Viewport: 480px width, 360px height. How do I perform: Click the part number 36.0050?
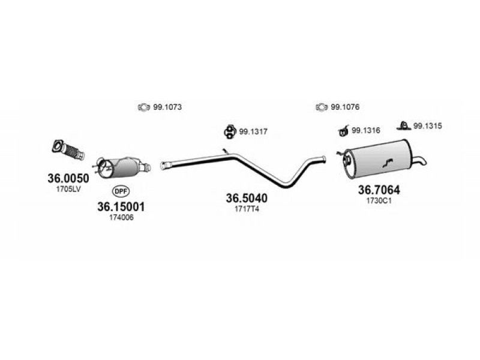coord(68,178)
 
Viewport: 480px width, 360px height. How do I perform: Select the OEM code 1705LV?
coord(68,189)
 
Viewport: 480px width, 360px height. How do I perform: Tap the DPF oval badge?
coord(121,191)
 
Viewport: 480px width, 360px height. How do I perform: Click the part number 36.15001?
coord(121,206)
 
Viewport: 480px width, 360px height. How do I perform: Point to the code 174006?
coord(122,218)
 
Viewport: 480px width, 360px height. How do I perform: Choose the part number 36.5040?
coord(247,198)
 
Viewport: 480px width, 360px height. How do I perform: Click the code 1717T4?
coord(247,209)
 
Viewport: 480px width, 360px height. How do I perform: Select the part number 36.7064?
coord(379,190)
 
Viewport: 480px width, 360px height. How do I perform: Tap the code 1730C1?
coord(379,201)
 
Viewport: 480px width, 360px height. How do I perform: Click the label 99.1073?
coord(167,107)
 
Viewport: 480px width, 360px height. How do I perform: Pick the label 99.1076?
coord(345,107)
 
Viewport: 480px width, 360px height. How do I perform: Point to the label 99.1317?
coord(253,131)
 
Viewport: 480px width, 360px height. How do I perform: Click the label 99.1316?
coord(366,130)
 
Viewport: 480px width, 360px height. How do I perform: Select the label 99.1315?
coord(428,126)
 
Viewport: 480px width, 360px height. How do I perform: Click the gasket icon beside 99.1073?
coord(143,107)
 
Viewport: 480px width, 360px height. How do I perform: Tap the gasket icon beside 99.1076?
coord(322,107)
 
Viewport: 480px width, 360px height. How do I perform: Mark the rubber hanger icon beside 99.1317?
coord(229,131)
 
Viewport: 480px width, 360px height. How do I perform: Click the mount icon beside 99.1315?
coord(404,126)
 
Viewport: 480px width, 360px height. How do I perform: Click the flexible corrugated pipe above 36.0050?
coord(68,150)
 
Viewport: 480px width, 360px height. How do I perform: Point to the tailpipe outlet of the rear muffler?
coord(419,160)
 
